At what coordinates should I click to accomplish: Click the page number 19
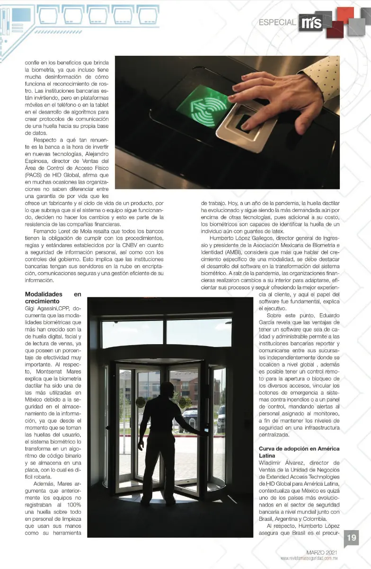[x=352, y=538]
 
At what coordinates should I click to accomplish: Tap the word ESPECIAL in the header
[x=277, y=22]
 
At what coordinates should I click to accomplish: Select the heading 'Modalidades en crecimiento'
[x=53, y=297]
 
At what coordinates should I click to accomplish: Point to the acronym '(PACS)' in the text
[x=34, y=174]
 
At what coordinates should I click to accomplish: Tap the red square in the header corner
[x=345, y=14]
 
